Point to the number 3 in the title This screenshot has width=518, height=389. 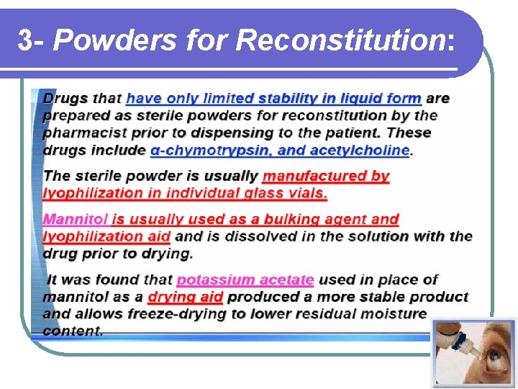pyautogui.click(x=24, y=40)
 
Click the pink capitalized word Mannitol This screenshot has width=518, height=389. pyautogui.click(x=76, y=219)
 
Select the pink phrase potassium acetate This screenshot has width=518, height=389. pyautogui.click(x=245, y=280)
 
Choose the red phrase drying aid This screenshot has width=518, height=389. pyautogui.click(x=185, y=297)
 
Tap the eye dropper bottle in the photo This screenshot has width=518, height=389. pyautogui.click(x=455, y=339)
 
